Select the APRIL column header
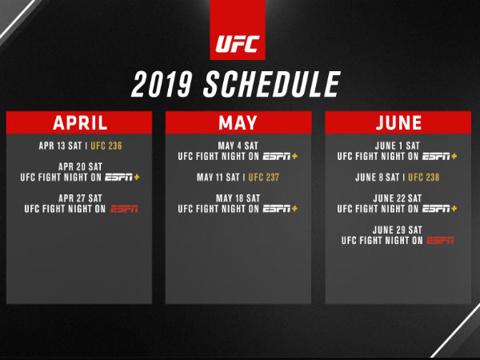(x=79, y=122)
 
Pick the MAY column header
(x=238, y=122)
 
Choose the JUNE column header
(x=398, y=122)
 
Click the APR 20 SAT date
(x=79, y=166)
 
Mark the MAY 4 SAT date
(x=238, y=146)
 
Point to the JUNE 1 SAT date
(x=398, y=146)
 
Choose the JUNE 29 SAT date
(x=398, y=230)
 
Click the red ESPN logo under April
(x=124, y=209)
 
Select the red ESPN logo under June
(x=439, y=240)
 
